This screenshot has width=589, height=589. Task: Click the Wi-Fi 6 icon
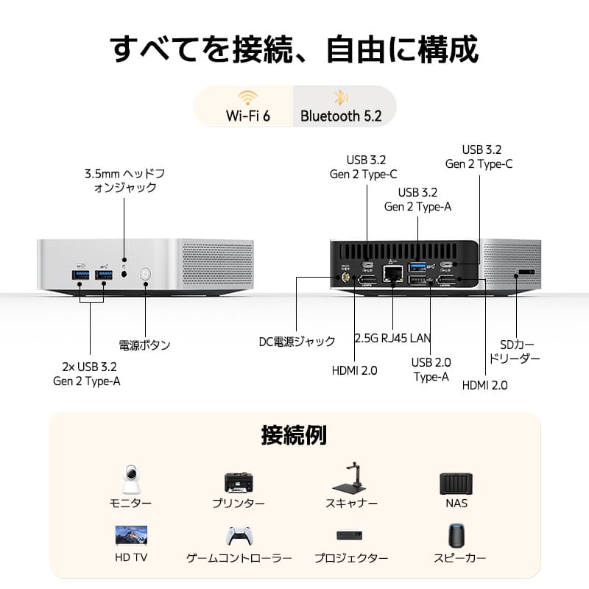(247, 99)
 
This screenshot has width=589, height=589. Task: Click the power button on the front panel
(145, 275)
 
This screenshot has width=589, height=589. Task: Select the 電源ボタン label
(144, 345)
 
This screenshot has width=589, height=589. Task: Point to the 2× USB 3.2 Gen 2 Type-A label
(87, 373)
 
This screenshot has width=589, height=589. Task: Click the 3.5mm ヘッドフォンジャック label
(124, 180)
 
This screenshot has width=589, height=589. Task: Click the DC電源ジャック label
(297, 342)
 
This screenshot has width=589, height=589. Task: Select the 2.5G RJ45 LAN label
(392, 339)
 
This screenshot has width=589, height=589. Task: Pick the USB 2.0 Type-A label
(431, 369)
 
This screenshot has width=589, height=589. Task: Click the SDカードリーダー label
(520, 351)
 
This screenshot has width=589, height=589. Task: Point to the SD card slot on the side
(526, 272)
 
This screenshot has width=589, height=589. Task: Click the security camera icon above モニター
(130, 479)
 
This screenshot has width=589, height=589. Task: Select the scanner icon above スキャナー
(351, 479)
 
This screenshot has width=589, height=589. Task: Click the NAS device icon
(456, 483)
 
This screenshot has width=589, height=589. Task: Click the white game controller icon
(239, 535)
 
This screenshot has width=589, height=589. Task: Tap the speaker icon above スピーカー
(456, 535)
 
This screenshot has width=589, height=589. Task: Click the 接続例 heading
(294, 434)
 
